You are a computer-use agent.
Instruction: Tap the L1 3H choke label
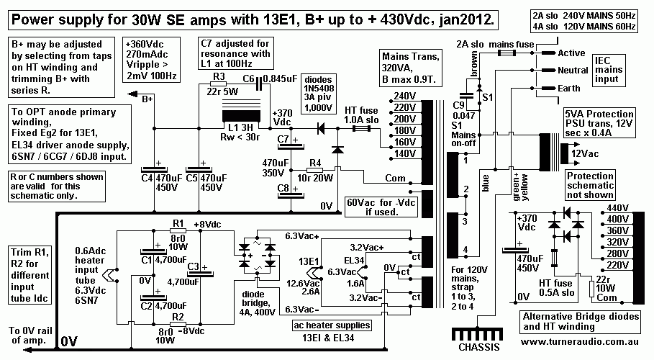[x=239, y=127]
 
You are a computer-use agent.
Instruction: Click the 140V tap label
[x=404, y=153]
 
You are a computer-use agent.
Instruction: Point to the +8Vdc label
[x=206, y=224]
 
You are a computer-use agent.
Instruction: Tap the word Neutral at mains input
[x=573, y=70]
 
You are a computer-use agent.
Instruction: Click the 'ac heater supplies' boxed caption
[x=329, y=326]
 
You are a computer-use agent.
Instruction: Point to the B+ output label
[x=148, y=99]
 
